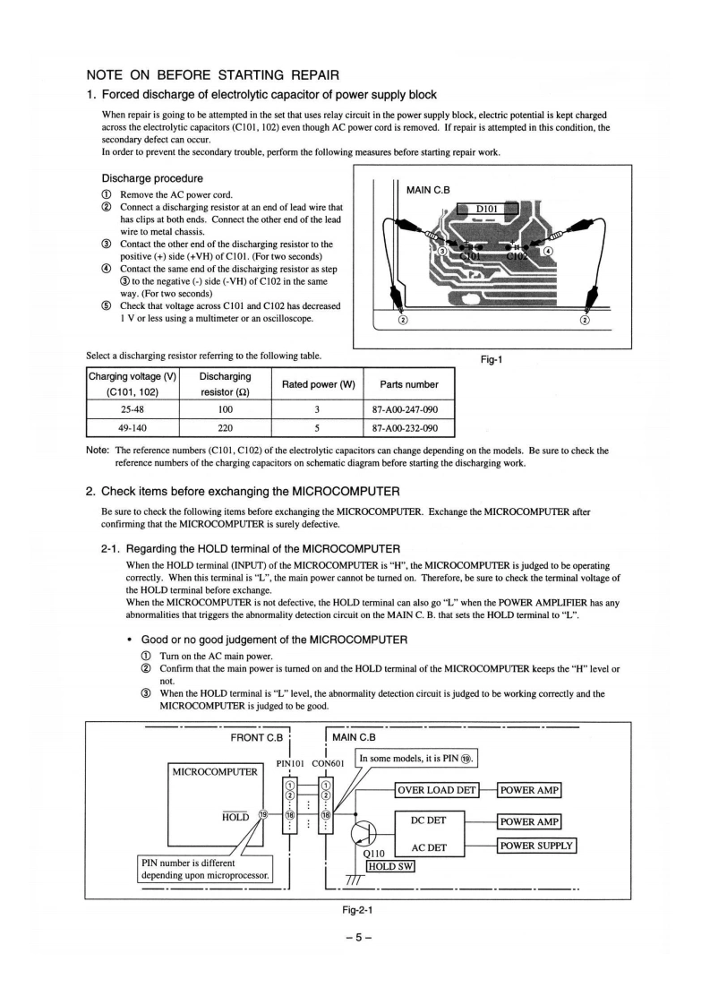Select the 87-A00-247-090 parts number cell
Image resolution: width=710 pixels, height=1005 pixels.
[x=408, y=409]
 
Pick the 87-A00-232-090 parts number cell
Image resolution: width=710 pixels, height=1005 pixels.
[x=408, y=429]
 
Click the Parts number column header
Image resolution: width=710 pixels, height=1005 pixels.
[x=408, y=384]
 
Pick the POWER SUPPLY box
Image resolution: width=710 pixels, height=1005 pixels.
[x=536, y=846]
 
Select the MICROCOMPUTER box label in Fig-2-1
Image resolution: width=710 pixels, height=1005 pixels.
[x=212, y=771]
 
